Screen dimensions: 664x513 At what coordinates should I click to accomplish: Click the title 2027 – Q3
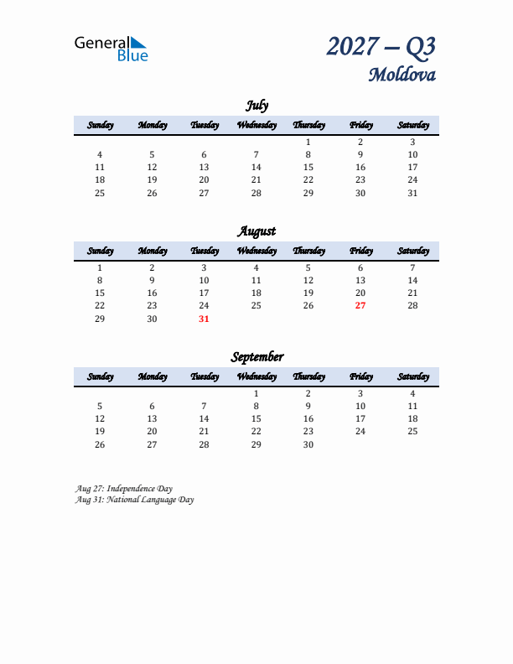coord(381,46)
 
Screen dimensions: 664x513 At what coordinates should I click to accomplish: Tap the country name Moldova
coord(402,75)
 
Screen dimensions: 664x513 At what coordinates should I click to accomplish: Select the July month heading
coord(256,105)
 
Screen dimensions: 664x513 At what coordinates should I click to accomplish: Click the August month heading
coord(256,231)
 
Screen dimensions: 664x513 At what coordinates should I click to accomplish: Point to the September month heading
coord(256,356)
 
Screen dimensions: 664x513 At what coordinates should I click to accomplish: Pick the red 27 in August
coord(360,306)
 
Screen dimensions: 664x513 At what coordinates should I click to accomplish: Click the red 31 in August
coord(204,319)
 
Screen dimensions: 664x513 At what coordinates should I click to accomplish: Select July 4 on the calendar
coord(100,154)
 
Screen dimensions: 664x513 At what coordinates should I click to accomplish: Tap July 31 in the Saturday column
coord(412,193)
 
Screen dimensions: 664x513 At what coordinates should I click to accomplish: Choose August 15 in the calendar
coord(100,293)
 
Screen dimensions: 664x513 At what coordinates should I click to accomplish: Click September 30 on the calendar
coord(308,444)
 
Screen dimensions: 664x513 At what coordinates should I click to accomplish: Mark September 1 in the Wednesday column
coord(256,393)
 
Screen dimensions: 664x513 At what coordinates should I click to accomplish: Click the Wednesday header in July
coord(256,125)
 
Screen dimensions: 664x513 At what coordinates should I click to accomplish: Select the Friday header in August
coord(360,251)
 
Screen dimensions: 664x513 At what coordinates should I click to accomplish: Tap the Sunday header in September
coord(100,376)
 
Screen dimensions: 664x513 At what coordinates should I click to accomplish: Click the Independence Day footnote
coord(123,487)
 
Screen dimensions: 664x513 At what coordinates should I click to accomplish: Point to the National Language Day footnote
coord(134,499)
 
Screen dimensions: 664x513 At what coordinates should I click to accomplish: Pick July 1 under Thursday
coord(308,142)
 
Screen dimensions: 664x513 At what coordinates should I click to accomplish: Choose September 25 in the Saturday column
coord(412,431)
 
